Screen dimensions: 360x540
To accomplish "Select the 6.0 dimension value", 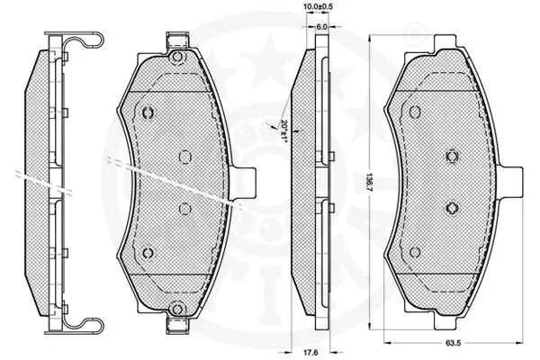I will [320, 27].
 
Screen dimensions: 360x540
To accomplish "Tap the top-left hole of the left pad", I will [148, 112].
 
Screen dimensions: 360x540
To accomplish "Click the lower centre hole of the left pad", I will [184, 208].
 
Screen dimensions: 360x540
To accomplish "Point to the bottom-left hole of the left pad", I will [148, 253].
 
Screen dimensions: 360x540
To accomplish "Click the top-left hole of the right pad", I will [415, 112].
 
